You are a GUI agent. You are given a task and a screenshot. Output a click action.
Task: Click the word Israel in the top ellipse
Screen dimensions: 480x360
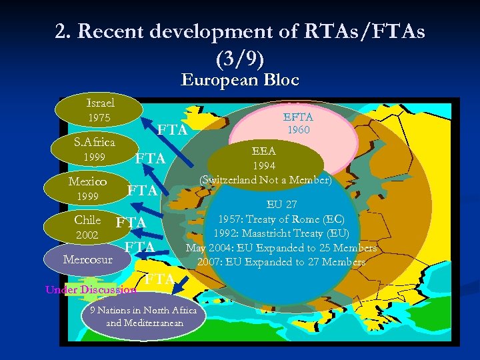(x=101, y=103)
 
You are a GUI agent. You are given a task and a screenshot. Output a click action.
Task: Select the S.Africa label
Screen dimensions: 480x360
(x=94, y=142)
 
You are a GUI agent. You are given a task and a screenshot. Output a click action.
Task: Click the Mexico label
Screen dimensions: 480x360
(x=88, y=181)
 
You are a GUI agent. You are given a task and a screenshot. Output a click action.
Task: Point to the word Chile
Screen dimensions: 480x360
(x=87, y=220)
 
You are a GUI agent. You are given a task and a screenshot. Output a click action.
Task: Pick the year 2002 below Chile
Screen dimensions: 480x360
(x=87, y=235)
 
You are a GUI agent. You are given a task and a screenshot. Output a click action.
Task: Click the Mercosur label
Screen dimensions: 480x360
(x=87, y=259)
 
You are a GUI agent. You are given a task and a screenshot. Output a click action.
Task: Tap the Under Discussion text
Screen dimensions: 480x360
(x=91, y=289)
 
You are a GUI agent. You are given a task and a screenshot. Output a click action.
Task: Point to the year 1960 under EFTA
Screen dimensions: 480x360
(x=298, y=130)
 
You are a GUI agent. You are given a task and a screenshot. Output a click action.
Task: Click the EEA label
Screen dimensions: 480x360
(x=265, y=151)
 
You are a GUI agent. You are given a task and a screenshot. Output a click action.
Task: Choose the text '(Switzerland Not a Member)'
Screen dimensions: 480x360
(x=265, y=179)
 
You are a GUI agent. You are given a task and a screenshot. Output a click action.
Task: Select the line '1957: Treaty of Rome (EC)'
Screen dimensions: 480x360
(x=281, y=219)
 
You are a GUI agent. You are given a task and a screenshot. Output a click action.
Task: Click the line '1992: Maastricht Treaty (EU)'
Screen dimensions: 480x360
(x=281, y=233)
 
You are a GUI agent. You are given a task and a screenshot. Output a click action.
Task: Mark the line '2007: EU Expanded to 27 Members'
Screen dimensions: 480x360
(x=281, y=262)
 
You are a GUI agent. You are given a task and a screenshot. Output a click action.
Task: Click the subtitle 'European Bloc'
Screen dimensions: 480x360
(x=240, y=81)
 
